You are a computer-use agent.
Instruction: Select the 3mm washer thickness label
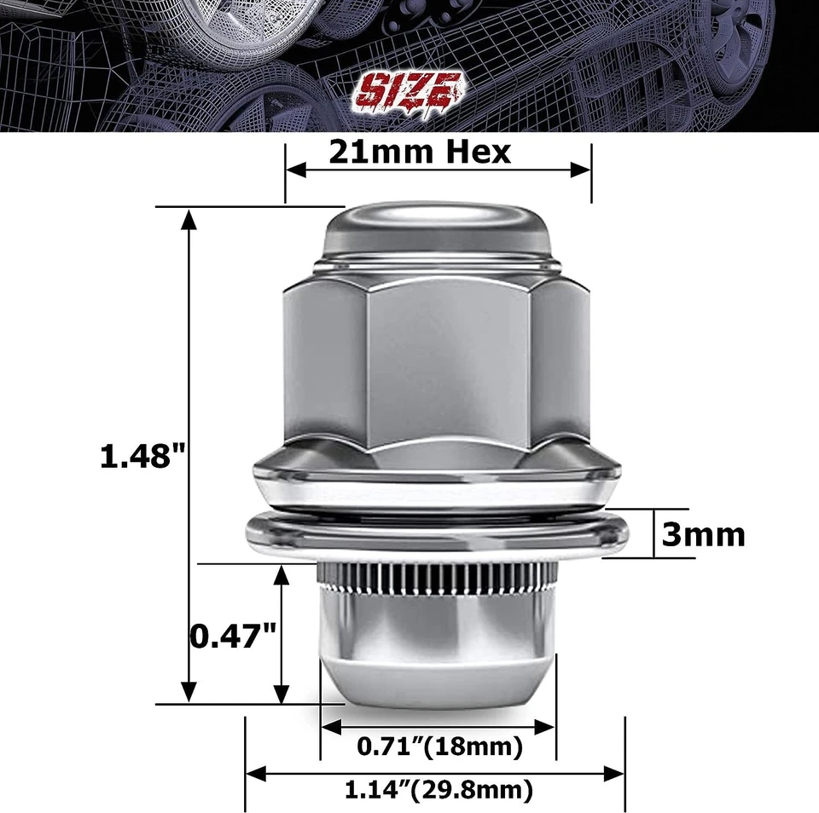[x=703, y=534]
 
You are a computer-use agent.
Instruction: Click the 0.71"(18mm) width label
[x=439, y=748]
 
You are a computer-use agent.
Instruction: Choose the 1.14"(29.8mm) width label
[x=439, y=790]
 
